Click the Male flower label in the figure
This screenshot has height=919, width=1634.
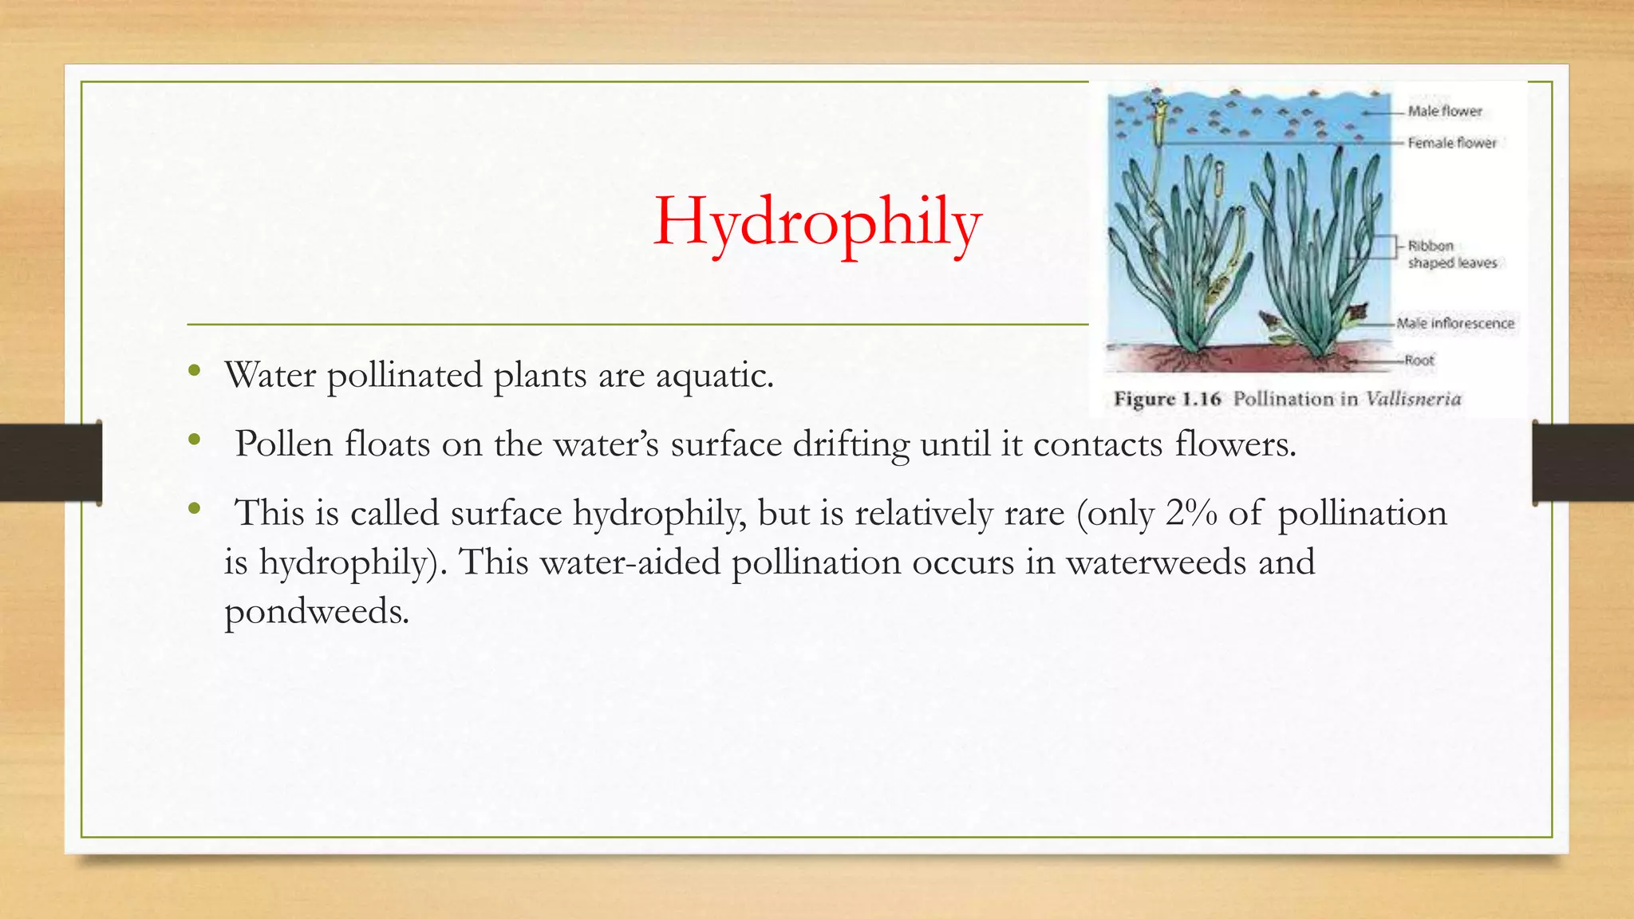pyautogui.click(x=1444, y=112)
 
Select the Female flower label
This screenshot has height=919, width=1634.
pyautogui.click(x=1451, y=143)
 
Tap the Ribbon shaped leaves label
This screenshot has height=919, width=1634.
pyautogui.click(x=1451, y=254)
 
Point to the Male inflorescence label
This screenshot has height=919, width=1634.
pyautogui.click(x=1454, y=323)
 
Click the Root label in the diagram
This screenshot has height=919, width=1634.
pyautogui.click(x=1419, y=361)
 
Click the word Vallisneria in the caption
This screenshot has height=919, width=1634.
pyautogui.click(x=1412, y=399)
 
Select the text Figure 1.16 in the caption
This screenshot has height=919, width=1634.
pyautogui.click(x=1166, y=399)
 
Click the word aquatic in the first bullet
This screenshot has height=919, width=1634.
pyautogui.click(x=713, y=376)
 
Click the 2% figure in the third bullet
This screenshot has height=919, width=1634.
pyautogui.click(x=1190, y=513)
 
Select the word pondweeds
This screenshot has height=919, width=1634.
pyautogui.click(x=316, y=612)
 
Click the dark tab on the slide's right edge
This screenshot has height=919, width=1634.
pyautogui.click(x=1583, y=463)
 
